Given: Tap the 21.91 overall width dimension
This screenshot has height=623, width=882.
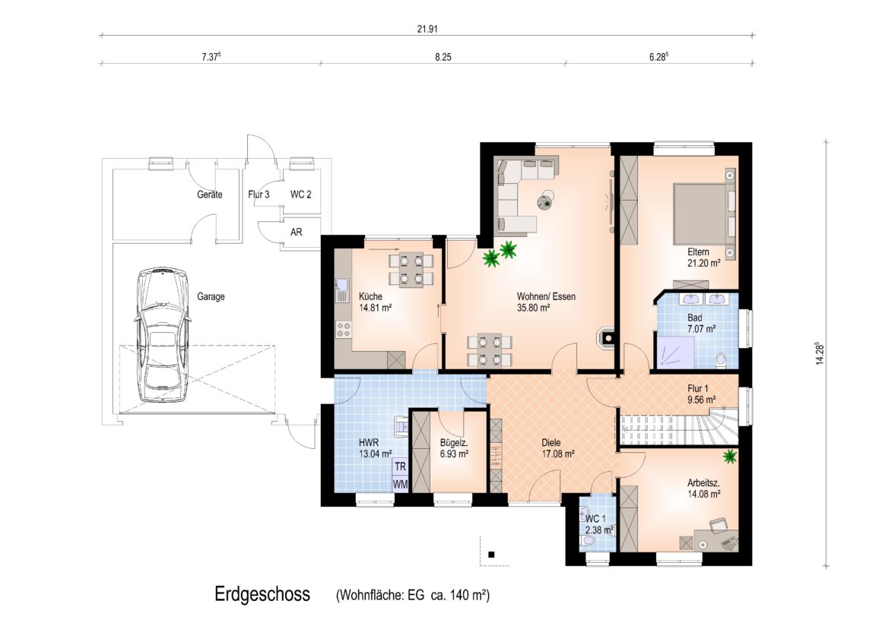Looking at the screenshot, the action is pos(427,29).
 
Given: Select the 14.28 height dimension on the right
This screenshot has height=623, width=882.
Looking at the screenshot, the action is pos(820,354).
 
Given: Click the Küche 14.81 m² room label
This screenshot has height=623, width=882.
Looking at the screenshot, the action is pos(375,302).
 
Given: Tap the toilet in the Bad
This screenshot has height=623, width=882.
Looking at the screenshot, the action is pos(720,360).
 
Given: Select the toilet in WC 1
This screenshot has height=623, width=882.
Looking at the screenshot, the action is pos(589,541).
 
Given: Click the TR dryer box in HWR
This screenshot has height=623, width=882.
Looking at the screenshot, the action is pos(400,466).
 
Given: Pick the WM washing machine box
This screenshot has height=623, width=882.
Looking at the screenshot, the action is pos(400,483).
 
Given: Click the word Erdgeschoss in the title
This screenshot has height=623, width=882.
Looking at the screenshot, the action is pos(262,594).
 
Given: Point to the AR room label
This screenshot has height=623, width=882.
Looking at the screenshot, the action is pos(296,232).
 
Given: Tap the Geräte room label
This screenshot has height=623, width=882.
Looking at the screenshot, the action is pos(209,194).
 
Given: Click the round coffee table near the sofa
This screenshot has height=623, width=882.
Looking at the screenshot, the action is pos(545,200).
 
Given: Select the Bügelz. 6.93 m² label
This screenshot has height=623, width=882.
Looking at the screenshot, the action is pos(454,448).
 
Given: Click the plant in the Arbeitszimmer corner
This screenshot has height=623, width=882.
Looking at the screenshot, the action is pos(730,456).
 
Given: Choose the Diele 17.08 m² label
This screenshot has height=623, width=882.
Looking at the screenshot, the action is pos(557,448).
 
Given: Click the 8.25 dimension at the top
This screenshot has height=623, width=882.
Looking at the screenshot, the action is pos(443,57).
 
